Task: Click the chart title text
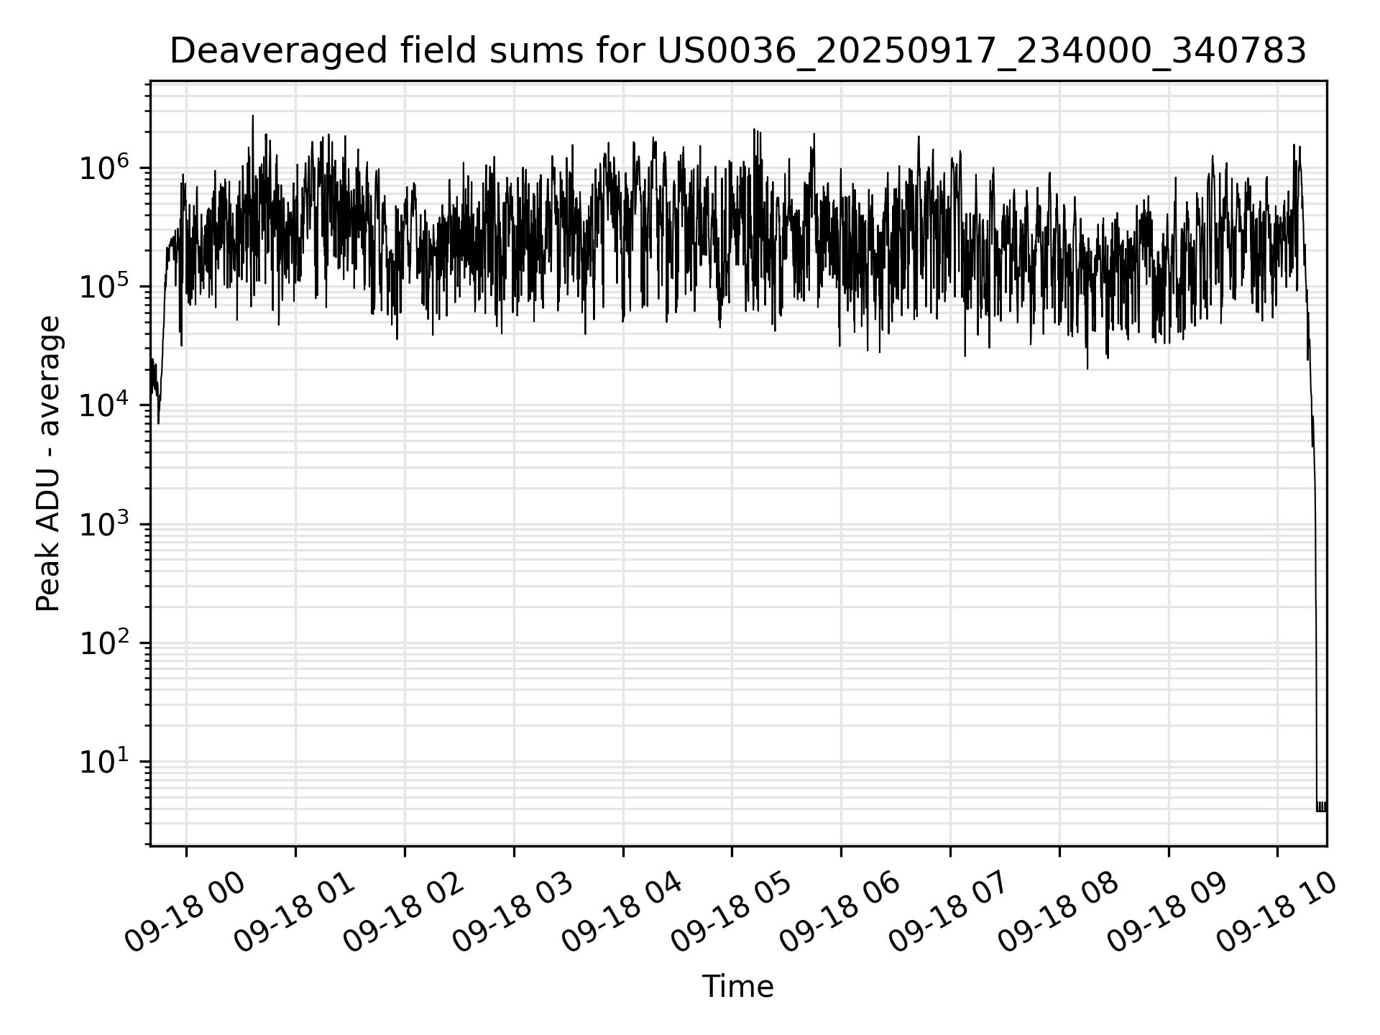(x=737, y=51)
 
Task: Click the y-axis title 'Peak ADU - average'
(x=49, y=464)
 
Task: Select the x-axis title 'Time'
(x=737, y=987)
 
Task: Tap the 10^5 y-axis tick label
(x=103, y=287)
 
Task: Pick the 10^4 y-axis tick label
(x=103, y=406)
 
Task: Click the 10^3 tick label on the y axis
(x=103, y=525)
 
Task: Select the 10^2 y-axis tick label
(x=103, y=643)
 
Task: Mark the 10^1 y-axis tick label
(x=103, y=762)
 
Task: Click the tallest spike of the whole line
(x=252, y=117)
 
